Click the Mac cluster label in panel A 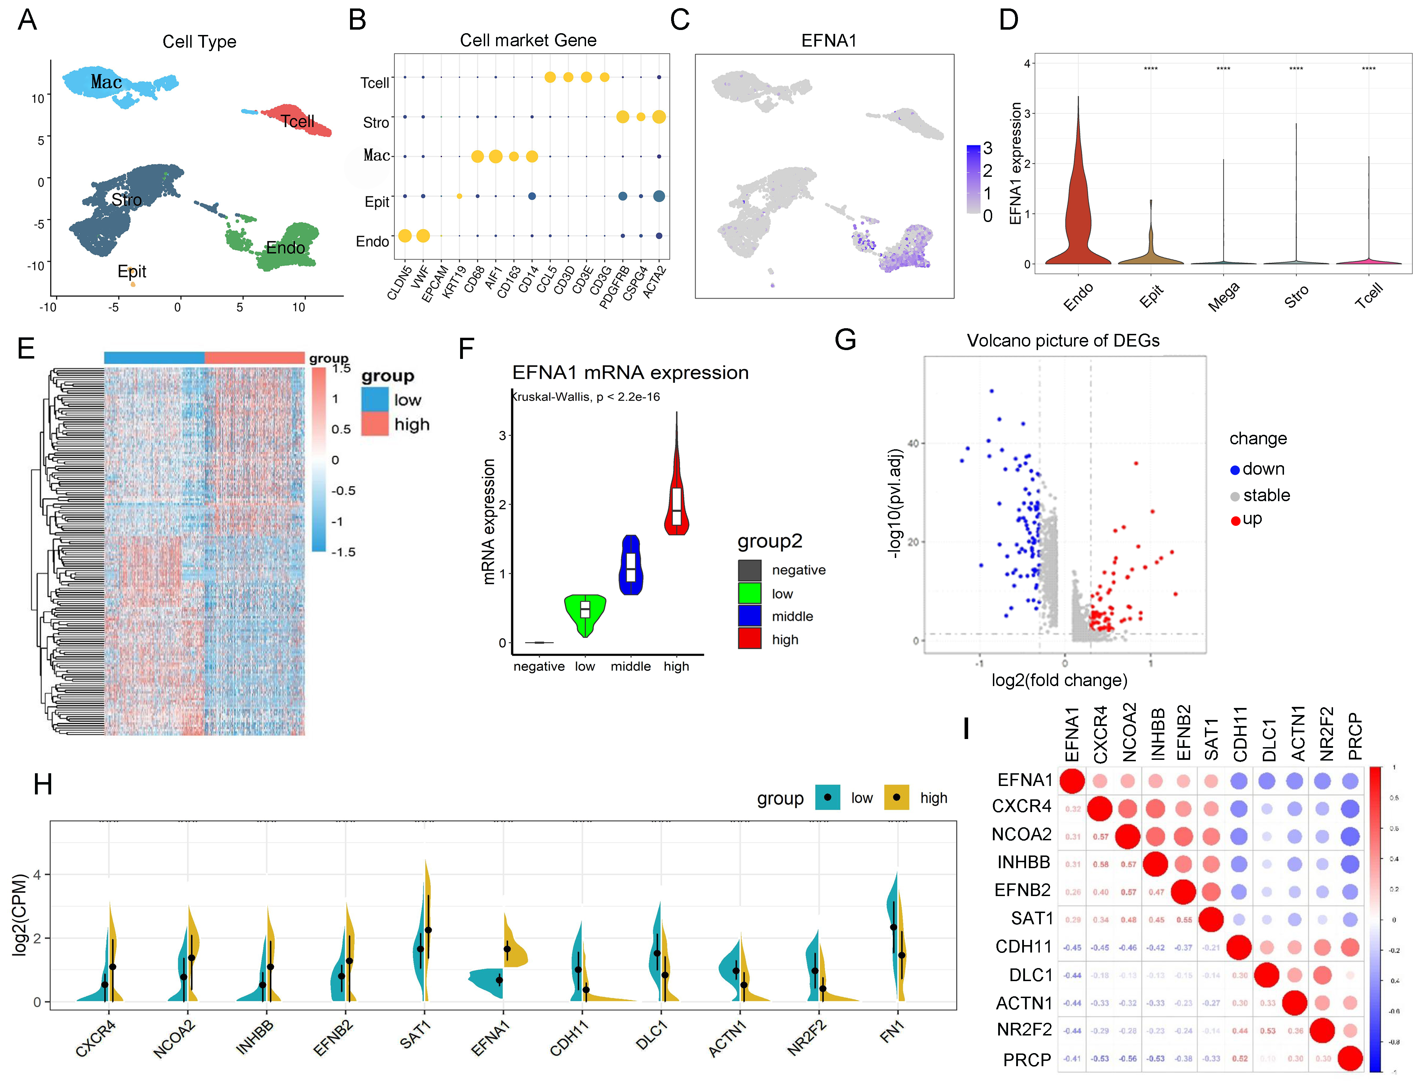tap(106, 82)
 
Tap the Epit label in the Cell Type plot tap(132, 271)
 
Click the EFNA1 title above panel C tap(828, 41)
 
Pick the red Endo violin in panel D tap(1077, 207)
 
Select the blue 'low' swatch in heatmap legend tap(375, 399)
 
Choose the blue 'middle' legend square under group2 tap(749, 616)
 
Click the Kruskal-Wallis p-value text tap(586, 397)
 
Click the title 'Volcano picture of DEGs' tap(1063, 341)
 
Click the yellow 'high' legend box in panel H tap(896, 798)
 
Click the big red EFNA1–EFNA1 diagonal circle tap(1072, 781)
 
